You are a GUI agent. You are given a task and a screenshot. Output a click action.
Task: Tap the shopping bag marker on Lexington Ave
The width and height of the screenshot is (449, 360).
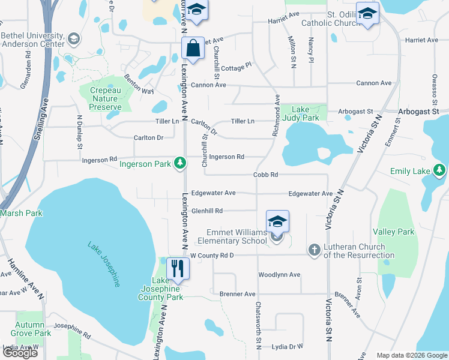(193, 49)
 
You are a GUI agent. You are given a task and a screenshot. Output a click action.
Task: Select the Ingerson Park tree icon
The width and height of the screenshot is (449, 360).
(179, 163)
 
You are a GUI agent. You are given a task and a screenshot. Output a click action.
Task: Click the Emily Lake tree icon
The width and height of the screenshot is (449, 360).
(439, 170)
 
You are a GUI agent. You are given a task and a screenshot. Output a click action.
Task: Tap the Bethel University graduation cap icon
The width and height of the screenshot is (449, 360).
(74, 40)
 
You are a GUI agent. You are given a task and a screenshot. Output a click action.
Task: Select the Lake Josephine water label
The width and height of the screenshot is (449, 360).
(104, 264)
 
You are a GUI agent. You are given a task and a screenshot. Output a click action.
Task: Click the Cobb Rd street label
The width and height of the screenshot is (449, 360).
(265, 175)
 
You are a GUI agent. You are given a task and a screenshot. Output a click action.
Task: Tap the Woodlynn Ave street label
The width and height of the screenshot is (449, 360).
(279, 275)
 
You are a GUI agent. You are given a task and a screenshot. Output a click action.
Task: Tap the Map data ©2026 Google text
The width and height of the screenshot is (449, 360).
(411, 355)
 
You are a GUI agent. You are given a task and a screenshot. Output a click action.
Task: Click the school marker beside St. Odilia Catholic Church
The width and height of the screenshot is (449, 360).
(367, 14)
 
